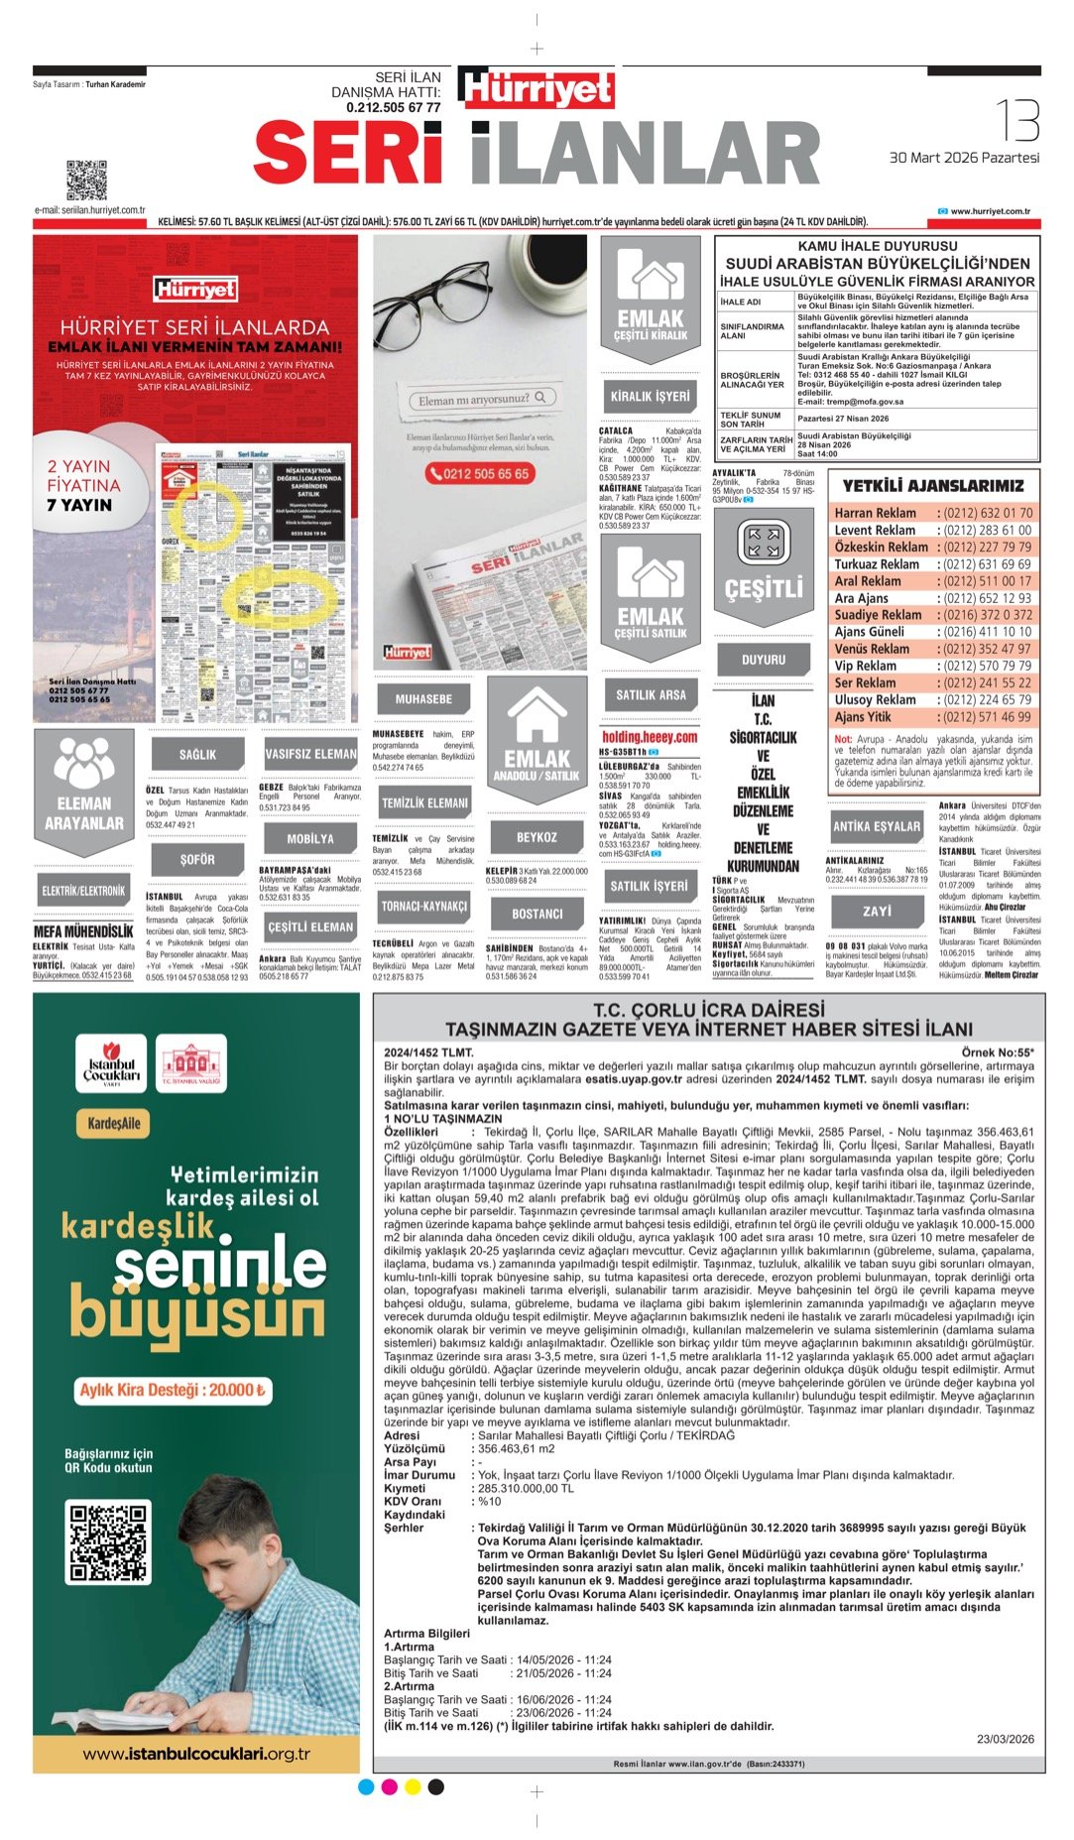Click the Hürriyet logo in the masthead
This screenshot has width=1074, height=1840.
coord(537,88)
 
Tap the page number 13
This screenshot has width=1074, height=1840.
coord(1016,120)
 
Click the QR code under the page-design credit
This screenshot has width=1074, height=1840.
coord(86,180)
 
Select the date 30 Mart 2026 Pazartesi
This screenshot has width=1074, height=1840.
coord(964,158)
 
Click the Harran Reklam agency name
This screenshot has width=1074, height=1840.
coord(875,513)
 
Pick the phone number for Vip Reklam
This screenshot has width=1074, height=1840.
coord(987,666)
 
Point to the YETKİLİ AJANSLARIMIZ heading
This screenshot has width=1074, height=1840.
coord(933,485)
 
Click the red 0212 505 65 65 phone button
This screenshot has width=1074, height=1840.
coord(479,474)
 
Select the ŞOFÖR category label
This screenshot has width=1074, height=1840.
coord(197,859)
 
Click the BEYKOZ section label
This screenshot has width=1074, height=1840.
coord(537,837)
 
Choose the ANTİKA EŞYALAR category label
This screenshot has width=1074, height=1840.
coord(877,825)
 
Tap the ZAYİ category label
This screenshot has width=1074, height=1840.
coord(877,911)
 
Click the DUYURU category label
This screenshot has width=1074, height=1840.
coord(764,659)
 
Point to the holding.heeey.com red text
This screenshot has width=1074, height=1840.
coord(650,737)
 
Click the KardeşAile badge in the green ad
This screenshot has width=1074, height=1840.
coord(114,1124)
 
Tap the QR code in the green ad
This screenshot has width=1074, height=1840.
coord(107,1542)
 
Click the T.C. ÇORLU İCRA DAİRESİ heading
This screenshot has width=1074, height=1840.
coord(708,1010)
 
